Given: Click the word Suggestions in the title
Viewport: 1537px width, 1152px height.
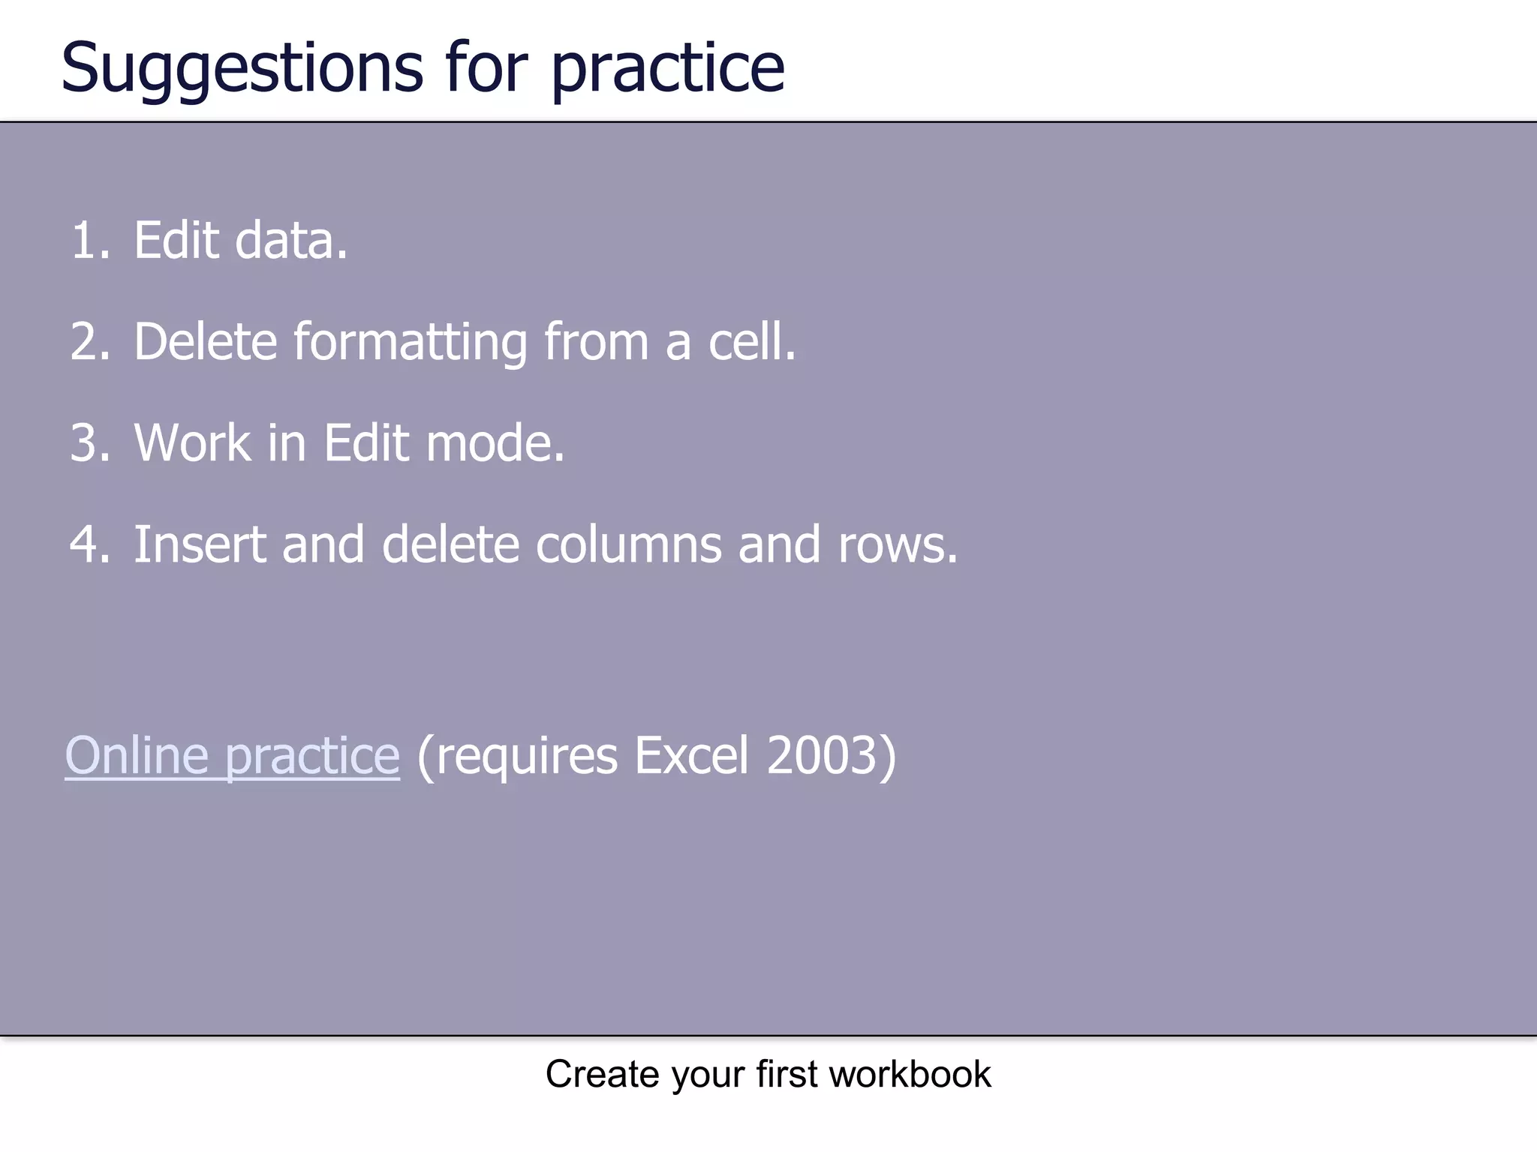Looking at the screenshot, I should point(242,69).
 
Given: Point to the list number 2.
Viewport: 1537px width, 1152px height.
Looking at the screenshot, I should point(89,342).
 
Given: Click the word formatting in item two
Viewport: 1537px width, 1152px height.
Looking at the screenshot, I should point(410,342).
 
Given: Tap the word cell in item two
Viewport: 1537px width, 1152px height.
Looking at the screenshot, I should point(750,342).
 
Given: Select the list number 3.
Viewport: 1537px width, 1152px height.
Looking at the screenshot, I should point(89,443).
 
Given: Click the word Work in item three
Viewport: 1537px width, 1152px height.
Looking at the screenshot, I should point(192,443).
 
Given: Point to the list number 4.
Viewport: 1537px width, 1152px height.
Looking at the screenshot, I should point(89,544).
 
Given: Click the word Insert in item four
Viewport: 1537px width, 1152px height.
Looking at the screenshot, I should point(199,544).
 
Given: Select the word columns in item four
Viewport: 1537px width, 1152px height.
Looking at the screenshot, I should point(628,544).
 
